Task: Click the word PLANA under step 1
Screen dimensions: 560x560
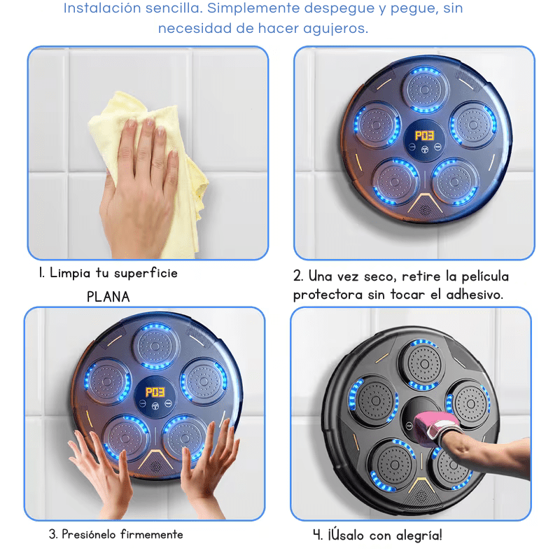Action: tap(108, 296)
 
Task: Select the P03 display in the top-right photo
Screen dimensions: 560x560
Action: tap(424, 134)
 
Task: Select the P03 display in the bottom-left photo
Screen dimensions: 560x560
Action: tap(153, 393)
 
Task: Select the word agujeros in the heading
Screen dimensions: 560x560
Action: tap(334, 29)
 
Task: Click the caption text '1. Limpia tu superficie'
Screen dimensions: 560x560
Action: tap(108, 273)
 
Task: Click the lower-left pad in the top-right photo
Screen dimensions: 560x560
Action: tap(393, 177)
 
